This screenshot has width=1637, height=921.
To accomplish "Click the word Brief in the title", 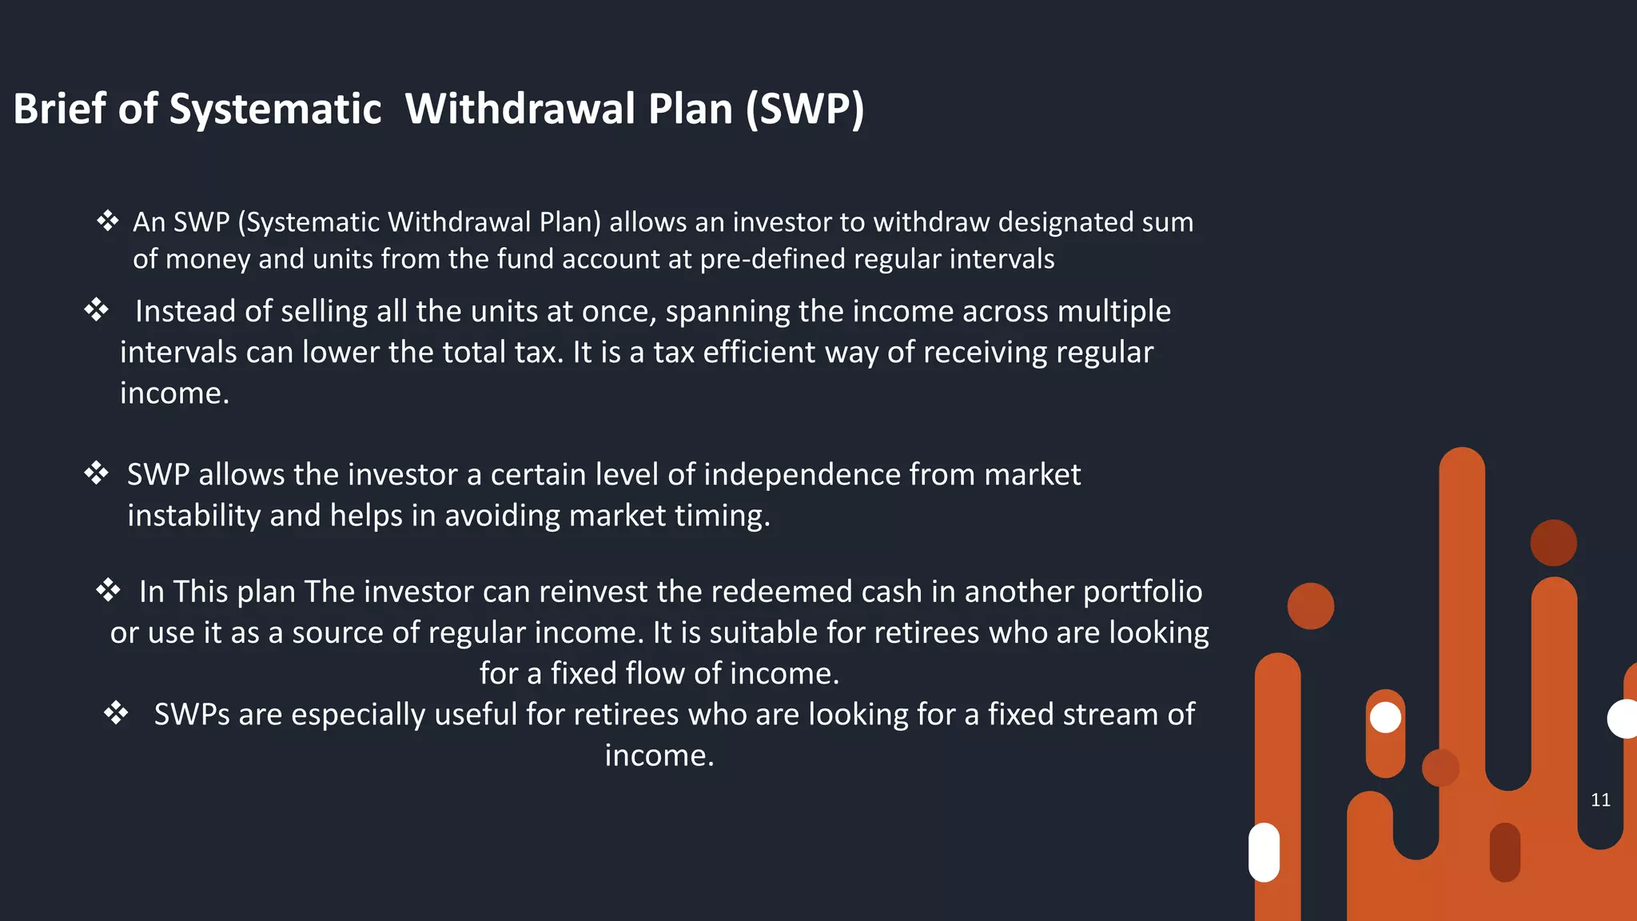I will click(x=59, y=109).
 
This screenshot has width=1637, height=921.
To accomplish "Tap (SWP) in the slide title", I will click(x=805, y=109).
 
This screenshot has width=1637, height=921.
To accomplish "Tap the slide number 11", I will click(x=1600, y=800).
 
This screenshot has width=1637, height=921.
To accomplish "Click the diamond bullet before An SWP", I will click(x=108, y=221).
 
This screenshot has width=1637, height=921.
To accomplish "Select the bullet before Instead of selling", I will click(x=96, y=310).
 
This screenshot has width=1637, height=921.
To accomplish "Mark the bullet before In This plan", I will click(x=108, y=591).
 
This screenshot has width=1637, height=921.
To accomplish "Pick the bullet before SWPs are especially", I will click(x=116, y=713).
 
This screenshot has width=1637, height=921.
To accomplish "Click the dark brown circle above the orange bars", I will click(x=1553, y=543).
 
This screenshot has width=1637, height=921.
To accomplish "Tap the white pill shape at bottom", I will click(x=1264, y=852).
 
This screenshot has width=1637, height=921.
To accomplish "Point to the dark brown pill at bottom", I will click(x=1504, y=852).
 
